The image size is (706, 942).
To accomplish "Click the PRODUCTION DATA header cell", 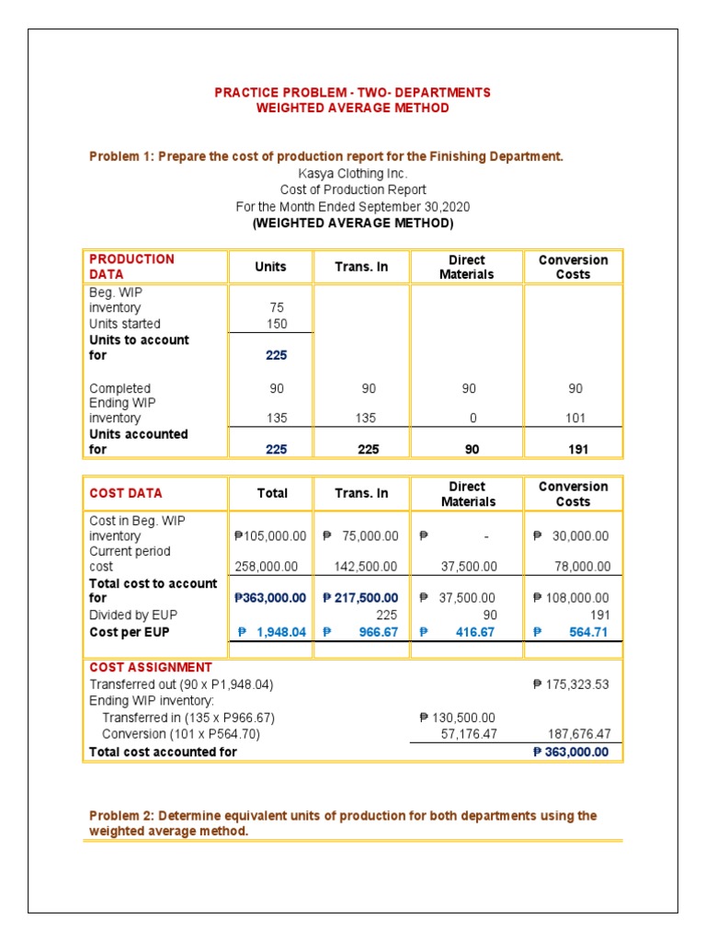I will tap(131, 267).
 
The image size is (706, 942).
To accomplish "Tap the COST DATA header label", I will tap(126, 493).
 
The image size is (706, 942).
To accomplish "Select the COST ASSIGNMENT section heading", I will tap(151, 667).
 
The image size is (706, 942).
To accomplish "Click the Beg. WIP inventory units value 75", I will tap(278, 308).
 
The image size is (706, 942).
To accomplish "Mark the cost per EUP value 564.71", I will tap(589, 632).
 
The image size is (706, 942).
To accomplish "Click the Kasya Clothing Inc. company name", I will tap(352, 173).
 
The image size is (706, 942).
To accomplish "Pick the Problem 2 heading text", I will tap(343, 823).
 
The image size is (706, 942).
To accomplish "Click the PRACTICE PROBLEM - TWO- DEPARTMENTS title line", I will tap(352, 92).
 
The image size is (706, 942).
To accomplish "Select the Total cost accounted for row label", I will tap(163, 752).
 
